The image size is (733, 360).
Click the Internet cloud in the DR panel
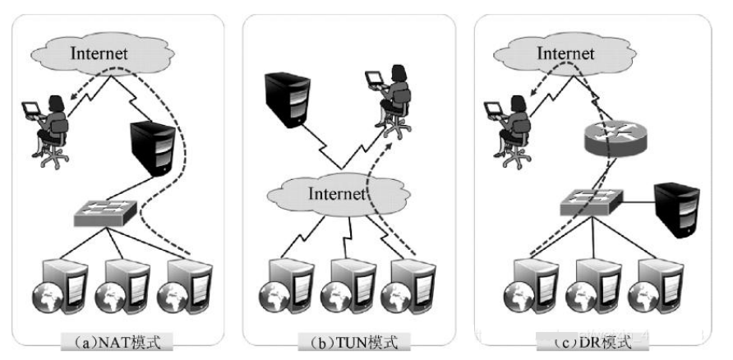click(x=565, y=53)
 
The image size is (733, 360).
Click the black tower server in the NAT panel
click(x=154, y=148)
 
